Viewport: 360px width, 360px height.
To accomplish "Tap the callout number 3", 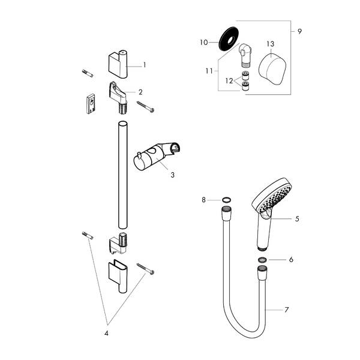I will pyautogui.click(x=172, y=175).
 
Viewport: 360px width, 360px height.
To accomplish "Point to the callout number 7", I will pyautogui.click(x=287, y=310).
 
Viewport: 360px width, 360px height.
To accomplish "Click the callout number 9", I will pyautogui.click(x=300, y=30).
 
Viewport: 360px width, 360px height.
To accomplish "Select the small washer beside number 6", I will pyautogui.click(x=263, y=260).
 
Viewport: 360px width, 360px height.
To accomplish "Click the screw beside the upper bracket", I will pyautogui.click(x=146, y=107).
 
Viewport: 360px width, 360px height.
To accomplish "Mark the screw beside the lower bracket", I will pyautogui.click(x=145, y=268).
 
